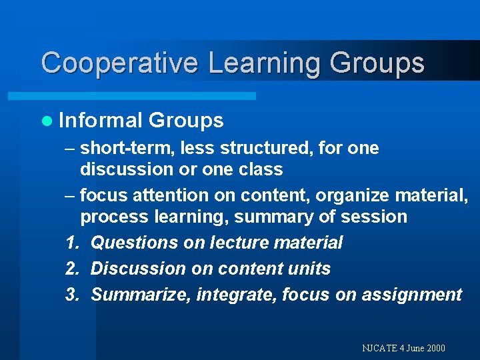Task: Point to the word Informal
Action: point(101,121)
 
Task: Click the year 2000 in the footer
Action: point(434,348)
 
